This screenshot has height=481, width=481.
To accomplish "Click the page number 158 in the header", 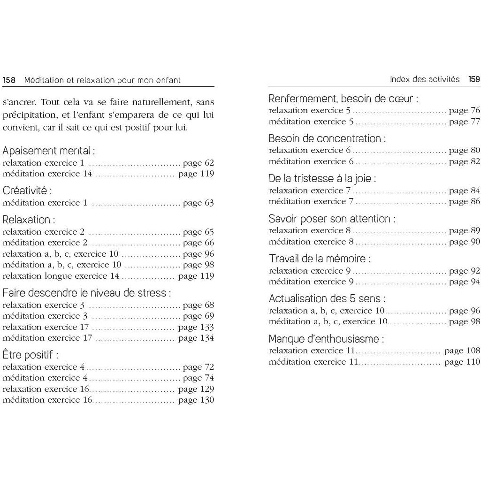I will point(9,80).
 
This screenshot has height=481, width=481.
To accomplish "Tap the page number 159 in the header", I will point(474,79).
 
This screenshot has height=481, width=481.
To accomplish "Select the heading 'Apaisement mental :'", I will point(49,151).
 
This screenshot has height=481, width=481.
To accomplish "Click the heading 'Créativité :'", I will point(27,191).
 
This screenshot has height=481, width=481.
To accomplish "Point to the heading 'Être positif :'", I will point(31,355).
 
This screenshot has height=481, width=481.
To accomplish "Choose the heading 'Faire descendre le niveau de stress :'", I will point(86,293).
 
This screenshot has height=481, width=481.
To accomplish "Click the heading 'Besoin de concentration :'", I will point(327,139).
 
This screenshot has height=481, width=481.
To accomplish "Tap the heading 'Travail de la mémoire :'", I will point(320,259).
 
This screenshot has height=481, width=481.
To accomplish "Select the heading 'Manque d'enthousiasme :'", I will point(326,339).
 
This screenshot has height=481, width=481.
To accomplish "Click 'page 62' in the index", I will point(198,163).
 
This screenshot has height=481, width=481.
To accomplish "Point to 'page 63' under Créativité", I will point(198,203).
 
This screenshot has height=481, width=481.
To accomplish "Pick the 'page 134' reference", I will point(196,338).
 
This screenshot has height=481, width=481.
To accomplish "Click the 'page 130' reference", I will point(196,400).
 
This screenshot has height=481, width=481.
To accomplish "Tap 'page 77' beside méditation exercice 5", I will point(464,122).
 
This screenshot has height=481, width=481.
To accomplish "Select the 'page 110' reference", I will point(462,362).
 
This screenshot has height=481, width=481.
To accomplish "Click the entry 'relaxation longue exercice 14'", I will point(61,276).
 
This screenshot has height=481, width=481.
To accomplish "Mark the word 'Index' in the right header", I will point(400,79).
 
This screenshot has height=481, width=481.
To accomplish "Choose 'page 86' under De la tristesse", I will point(464,202).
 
